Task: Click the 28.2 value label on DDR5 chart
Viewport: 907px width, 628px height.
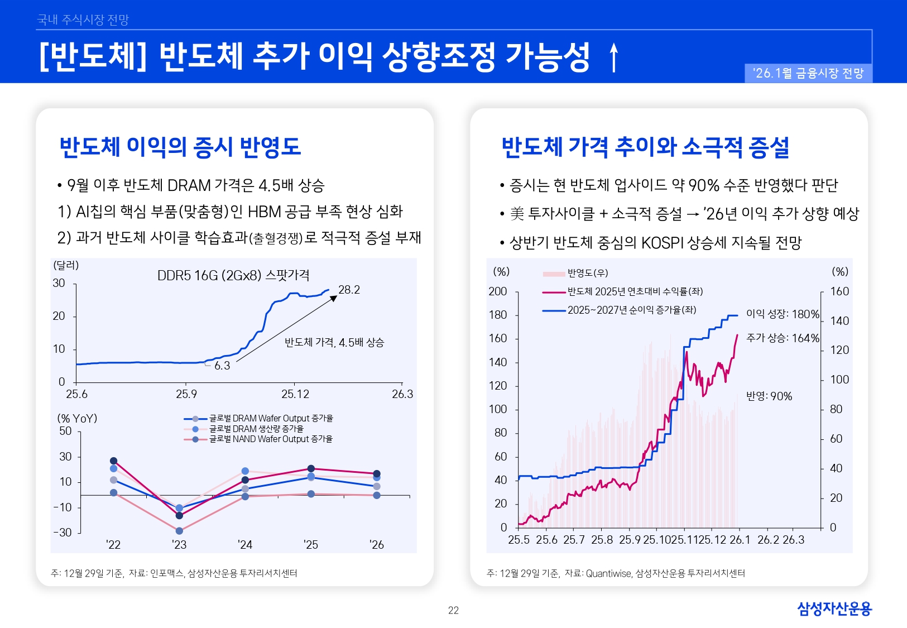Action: tap(349, 290)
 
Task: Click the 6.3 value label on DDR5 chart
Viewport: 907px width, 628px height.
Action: tap(222, 366)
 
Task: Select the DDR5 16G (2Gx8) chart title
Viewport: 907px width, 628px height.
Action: tap(233, 275)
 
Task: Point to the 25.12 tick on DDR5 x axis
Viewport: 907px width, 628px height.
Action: tap(295, 394)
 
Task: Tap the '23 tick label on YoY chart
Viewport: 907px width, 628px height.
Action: tap(179, 545)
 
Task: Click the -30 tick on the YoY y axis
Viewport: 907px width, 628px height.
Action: tap(63, 533)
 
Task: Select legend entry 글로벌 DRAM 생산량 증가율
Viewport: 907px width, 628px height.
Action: tap(256, 429)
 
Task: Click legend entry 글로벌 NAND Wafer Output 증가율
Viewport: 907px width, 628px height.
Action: tap(271, 439)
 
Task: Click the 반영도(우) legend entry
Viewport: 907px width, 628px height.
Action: tap(587, 273)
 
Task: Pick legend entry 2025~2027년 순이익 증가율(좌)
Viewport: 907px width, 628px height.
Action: tap(631, 310)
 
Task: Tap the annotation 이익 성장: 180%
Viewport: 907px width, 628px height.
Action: tap(783, 314)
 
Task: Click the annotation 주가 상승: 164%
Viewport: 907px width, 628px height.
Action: tap(783, 338)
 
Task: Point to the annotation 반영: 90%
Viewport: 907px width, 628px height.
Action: tap(769, 396)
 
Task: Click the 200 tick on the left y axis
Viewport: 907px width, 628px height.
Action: tap(497, 291)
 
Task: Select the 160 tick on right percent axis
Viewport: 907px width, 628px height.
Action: tap(839, 291)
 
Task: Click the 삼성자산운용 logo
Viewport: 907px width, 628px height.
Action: tap(834, 608)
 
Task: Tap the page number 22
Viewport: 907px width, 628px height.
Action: tap(453, 611)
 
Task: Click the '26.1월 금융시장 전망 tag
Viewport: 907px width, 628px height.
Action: tap(808, 73)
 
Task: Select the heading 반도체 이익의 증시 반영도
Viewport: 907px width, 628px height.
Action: tap(180, 147)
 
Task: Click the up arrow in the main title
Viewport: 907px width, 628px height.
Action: tap(614, 57)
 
